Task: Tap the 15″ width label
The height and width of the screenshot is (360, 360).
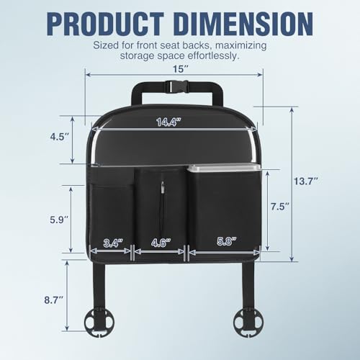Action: [180, 69]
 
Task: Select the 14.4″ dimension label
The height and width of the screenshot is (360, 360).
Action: [168, 122]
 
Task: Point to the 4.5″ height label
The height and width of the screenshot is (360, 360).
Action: [60, 137]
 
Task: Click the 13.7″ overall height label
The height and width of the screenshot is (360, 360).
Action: [306, 181]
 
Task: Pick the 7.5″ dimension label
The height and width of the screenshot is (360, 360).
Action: [279, 207]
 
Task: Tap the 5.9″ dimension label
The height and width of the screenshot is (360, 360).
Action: [59, 220]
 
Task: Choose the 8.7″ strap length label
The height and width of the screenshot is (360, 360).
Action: [54, 300]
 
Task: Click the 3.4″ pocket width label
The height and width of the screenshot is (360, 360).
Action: [113, 243]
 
